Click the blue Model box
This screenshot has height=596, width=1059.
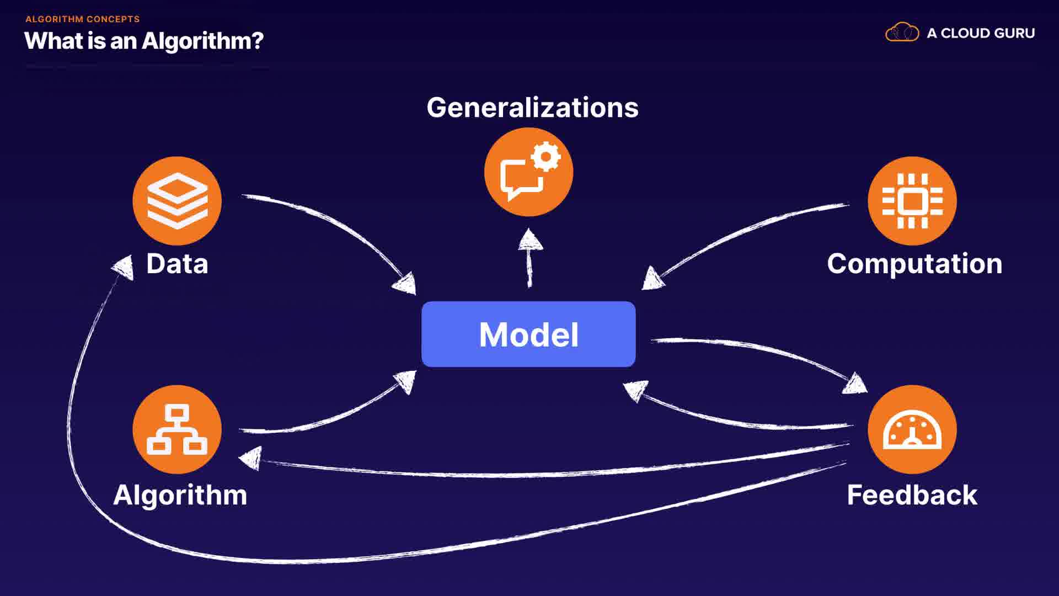528,334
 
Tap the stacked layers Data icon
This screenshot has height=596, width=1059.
177,200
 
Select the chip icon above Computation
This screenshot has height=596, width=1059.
912,200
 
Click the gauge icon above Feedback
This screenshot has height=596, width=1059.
912,429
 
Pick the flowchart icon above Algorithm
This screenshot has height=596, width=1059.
177,429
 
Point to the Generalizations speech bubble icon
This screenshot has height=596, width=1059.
528,172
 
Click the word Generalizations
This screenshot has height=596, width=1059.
532,107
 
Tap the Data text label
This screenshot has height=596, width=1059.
177,263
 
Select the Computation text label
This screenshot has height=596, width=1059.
914,263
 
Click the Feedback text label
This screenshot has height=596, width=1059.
912,494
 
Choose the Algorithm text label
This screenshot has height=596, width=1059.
180,494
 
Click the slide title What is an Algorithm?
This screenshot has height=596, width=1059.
144,41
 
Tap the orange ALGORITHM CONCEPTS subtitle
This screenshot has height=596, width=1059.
83,19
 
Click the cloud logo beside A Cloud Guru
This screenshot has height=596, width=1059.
902,33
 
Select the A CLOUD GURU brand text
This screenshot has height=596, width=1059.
981,33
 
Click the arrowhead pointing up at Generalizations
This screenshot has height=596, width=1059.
530,241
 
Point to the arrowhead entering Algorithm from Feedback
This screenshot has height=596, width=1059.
251,457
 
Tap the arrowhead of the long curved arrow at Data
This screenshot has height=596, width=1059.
124,267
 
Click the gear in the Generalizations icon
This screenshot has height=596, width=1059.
546,157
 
